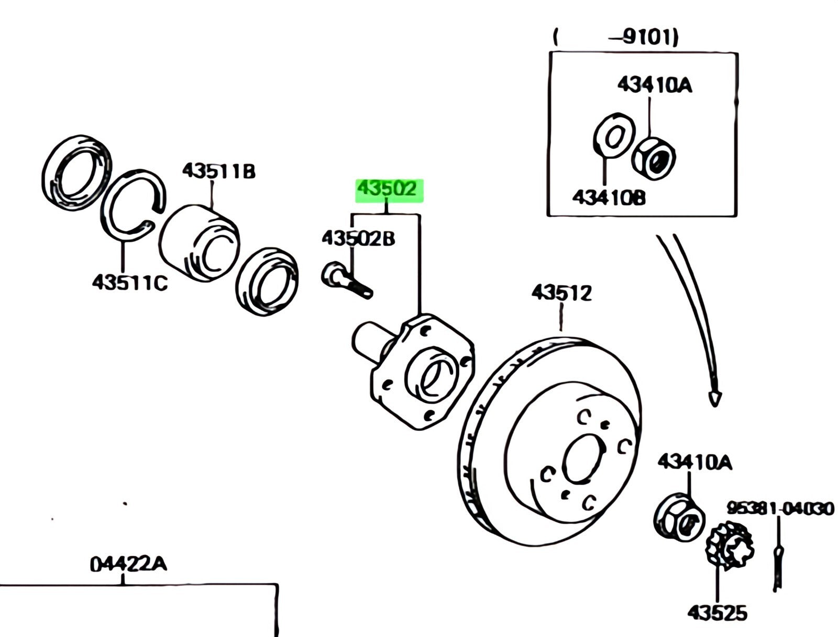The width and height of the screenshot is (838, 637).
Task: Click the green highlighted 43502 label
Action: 389,189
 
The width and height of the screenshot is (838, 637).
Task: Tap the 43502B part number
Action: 358,239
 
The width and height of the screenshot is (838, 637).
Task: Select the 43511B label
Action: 218,171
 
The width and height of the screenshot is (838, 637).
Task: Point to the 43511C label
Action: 129,283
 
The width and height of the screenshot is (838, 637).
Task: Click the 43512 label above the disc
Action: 561,293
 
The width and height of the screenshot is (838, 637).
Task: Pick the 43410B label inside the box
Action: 609,197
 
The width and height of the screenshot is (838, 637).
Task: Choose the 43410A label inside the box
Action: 654,85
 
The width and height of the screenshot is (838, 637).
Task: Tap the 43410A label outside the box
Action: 695,462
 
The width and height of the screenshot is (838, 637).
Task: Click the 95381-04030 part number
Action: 779,508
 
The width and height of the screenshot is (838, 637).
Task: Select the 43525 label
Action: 717,613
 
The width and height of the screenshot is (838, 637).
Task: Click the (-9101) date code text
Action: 616,38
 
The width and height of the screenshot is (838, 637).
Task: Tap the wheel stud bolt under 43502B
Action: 346,281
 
